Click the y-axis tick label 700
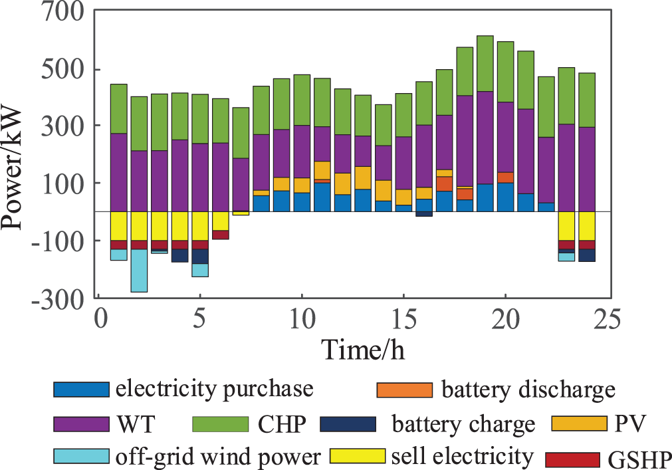click(60, 13)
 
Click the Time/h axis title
click(363, 348)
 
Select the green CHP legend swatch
click(219, 423)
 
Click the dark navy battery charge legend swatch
click(347, 423)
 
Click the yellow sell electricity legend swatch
click(358, 457)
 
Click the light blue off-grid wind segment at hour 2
click(140, 270)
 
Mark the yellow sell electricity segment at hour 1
click(119, 225)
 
